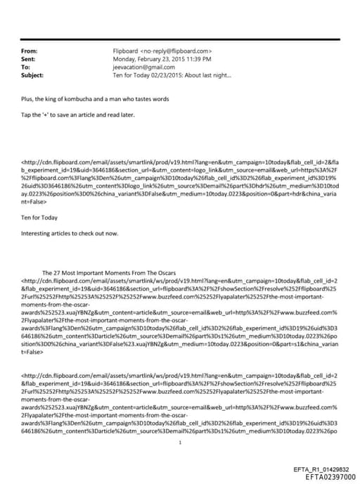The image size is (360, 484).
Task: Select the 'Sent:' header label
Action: click(29, 59)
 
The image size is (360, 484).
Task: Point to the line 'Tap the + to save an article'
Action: click(71, 115)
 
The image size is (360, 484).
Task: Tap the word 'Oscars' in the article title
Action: click(165, 272)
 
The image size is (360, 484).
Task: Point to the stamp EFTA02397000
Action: click(323, 476)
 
